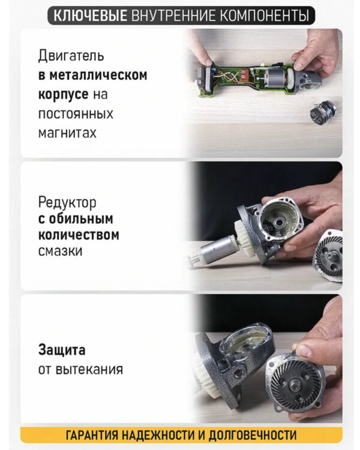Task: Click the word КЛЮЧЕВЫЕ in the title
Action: coord(91,15)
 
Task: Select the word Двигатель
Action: coord(71,56)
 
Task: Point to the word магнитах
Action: coord(67,133)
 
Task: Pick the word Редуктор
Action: coord(67,202)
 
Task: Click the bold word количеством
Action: coord(79,235)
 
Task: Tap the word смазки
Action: coord(60,251)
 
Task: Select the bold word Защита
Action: coord(62,350)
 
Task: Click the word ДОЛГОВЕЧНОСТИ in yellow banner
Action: coord(253,435)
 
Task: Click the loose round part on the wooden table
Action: coord(323,113)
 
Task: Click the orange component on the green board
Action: coord(245,76)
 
